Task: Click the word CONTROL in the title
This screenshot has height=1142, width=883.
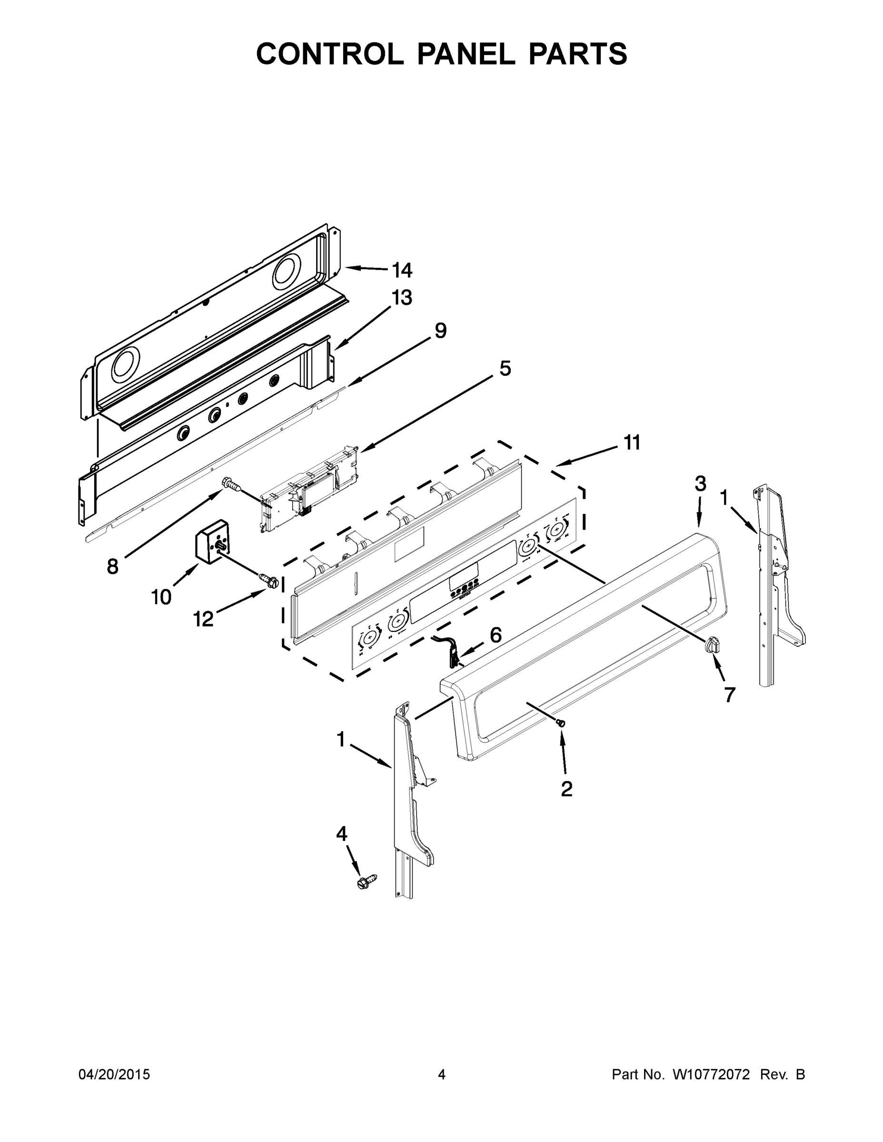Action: pyautogui.click(x=329, y=54)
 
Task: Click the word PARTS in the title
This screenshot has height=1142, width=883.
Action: pyautogui.click(x=577, y=54)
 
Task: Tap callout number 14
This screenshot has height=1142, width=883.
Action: pyautogui.click(x=402, y=270)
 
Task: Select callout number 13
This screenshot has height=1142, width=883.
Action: pyautogui.click(x=402, y=297)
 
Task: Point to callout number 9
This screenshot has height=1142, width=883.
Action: pyautogui.click(x=440, y=331)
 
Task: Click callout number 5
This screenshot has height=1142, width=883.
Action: pyautogui.click(x=504, y=369)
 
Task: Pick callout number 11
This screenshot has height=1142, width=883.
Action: pyautogui.click(x=632, y=443)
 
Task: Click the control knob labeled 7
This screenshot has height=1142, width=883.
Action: pyautogui.click(x=713, y=645)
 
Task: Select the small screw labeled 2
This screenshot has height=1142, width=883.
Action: pyautogui.click(x=561, y=723)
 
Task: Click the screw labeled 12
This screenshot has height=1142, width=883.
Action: pyautogui.click(x=268, y=580)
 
